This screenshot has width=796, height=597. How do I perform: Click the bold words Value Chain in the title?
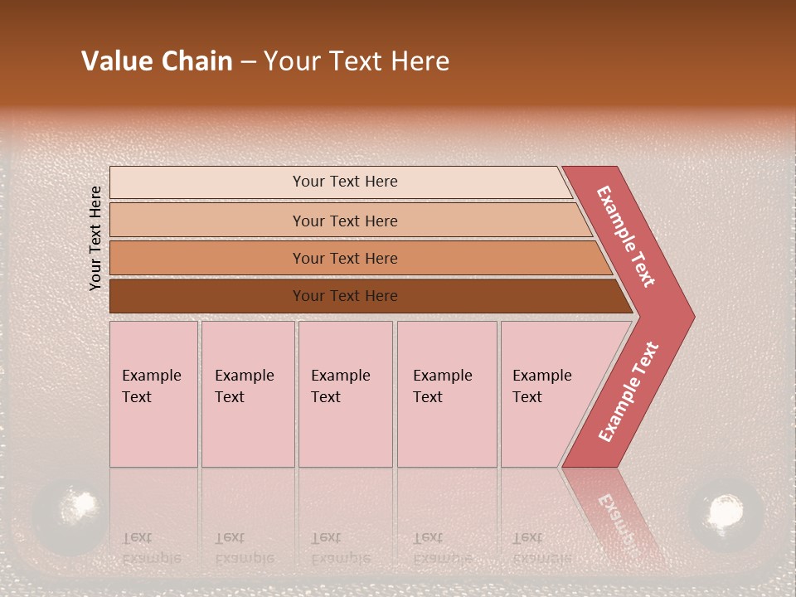[x=157, y=61]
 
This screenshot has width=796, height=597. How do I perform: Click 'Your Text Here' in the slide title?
[x=357, y=61]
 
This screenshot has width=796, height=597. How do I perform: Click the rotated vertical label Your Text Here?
[x=95, y=238]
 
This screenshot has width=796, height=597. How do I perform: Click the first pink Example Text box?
[x=153, y=394]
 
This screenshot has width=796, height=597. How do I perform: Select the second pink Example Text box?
[x=247, y=394]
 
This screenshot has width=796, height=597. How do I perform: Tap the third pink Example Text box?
[x=344, y=394]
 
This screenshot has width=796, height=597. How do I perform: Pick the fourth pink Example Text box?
[x=446, y=394]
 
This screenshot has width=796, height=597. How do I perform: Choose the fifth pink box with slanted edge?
[x=547, y=394]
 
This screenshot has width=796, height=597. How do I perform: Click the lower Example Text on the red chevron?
[x=629, y=391]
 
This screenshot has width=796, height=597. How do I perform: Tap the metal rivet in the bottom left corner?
[x=70, y=512]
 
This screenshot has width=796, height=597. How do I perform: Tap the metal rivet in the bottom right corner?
[x=726, y=512]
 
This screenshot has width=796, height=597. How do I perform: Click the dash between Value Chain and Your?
[x=248, y=62]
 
